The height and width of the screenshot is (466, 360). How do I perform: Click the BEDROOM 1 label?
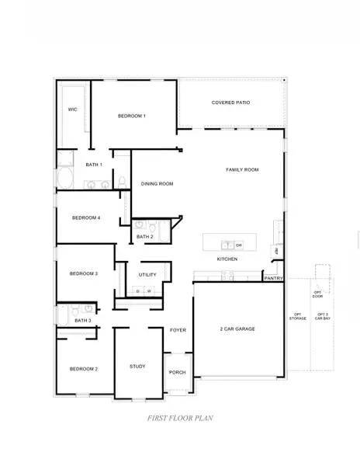pyautogui.click(x=132, y=116)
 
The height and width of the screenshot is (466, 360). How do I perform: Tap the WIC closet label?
pyautogui.click(x=72, y=109)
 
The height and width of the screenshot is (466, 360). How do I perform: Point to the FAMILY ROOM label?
pyautogui.click(x=242, y=169)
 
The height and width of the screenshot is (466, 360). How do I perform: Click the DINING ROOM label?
pyautogui.click(x=157, y=184)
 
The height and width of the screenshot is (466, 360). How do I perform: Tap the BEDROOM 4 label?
pyautogui.click(x=85, y=218)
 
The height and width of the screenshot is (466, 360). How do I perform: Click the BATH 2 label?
pyautogui.click(x=144, y=236)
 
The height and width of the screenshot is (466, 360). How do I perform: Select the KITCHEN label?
pyautogui.click(x=227, y=259)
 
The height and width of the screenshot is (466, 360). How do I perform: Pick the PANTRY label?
pyautogui.click(x=273, y=277)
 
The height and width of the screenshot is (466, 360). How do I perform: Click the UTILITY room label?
pyautogui.click(x=147, y=274)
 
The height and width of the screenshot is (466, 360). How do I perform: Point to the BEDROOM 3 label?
pyautogui.click(x=83, y=273)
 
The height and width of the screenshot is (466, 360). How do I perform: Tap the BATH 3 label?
pyautogui.click(x=83, y=320)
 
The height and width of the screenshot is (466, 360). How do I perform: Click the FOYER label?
pyautogui.click(x=178, y=330)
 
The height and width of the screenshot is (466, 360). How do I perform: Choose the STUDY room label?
pyautogui.click(x=137, y=366)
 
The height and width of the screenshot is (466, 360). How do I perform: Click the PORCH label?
pyautogui.click(x=178, y=372)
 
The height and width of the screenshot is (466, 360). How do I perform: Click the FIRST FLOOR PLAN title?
pyautogui.click(x=180, y=418)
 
